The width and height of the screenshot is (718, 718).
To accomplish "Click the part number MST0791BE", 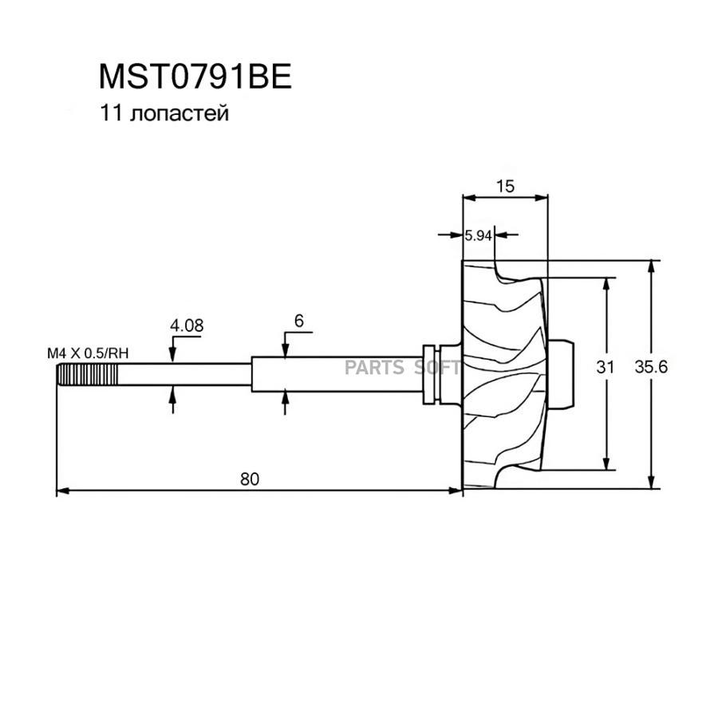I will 195,77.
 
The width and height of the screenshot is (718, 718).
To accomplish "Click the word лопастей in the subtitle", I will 176,114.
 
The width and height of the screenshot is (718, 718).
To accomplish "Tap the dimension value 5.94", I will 478,235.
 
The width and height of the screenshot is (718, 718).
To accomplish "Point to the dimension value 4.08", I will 186,325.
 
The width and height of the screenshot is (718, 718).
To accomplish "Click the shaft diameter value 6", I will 298,321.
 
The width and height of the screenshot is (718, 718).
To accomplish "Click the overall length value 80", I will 249,479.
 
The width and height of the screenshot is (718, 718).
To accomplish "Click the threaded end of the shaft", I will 88,373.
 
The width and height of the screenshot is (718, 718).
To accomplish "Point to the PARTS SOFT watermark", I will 402,367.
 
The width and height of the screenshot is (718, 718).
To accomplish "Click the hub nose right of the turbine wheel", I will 563,372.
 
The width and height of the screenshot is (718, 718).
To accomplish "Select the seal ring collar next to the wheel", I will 432,373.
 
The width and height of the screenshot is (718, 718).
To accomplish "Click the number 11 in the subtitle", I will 108,114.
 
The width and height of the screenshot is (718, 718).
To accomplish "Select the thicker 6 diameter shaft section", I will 335,373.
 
